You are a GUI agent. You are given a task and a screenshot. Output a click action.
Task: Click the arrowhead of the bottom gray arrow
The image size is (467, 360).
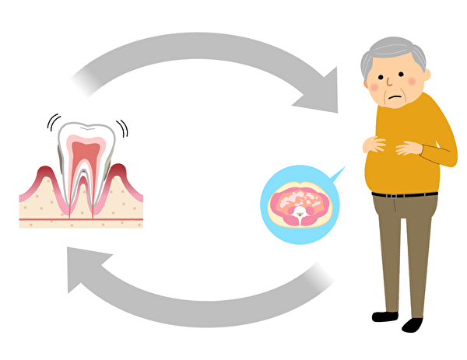82,268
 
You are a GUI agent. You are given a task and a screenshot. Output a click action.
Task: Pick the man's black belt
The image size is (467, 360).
405,194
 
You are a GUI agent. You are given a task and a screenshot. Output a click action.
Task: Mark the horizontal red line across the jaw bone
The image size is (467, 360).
81,220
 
